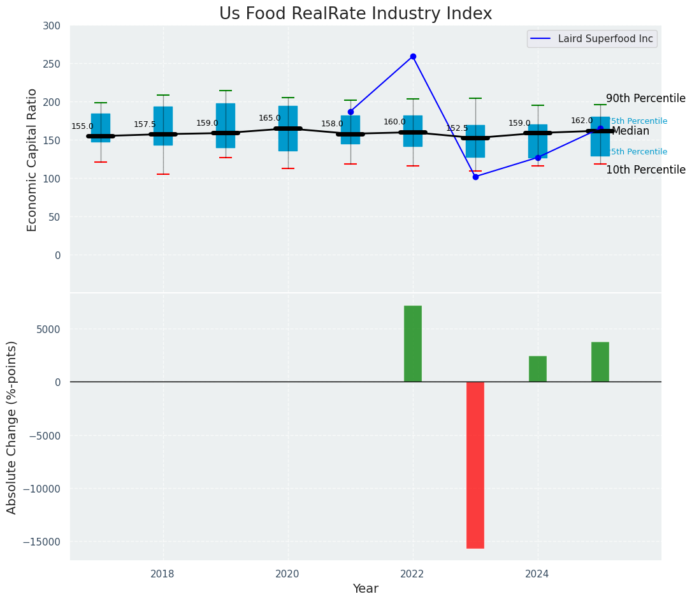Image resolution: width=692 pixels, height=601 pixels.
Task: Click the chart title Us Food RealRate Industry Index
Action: tap(356, 14)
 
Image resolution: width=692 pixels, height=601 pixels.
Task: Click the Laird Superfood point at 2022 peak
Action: tap(413, 57)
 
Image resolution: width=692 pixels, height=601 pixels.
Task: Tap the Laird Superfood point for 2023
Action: tap(475, 177)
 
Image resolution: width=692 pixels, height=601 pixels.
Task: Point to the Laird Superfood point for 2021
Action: tap(350, 112)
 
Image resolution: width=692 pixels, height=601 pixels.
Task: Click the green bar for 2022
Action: tap(413, 344)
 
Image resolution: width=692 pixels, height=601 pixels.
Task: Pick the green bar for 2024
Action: tap(538, 369)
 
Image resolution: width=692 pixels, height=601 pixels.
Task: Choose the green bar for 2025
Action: tap(600, 362)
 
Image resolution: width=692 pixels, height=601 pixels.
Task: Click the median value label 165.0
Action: tap(270, 118)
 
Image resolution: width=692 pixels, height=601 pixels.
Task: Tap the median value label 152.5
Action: tap(457, 128)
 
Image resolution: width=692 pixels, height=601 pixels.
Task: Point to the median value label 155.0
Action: tap(82, 126)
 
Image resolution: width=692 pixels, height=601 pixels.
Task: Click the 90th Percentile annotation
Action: tap(645, 98)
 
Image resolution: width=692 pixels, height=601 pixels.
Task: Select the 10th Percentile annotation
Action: tap(645, 170)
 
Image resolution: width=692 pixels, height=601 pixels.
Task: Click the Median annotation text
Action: tap(630, 131)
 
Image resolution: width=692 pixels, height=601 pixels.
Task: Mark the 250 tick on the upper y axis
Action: tap(52, 64)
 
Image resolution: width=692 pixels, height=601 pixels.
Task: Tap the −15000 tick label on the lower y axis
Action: tap(43, 542)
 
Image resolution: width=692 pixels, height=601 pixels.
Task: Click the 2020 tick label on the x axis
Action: tap(287, 574)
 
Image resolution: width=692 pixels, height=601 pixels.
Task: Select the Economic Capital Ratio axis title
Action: tap(32, 160)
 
